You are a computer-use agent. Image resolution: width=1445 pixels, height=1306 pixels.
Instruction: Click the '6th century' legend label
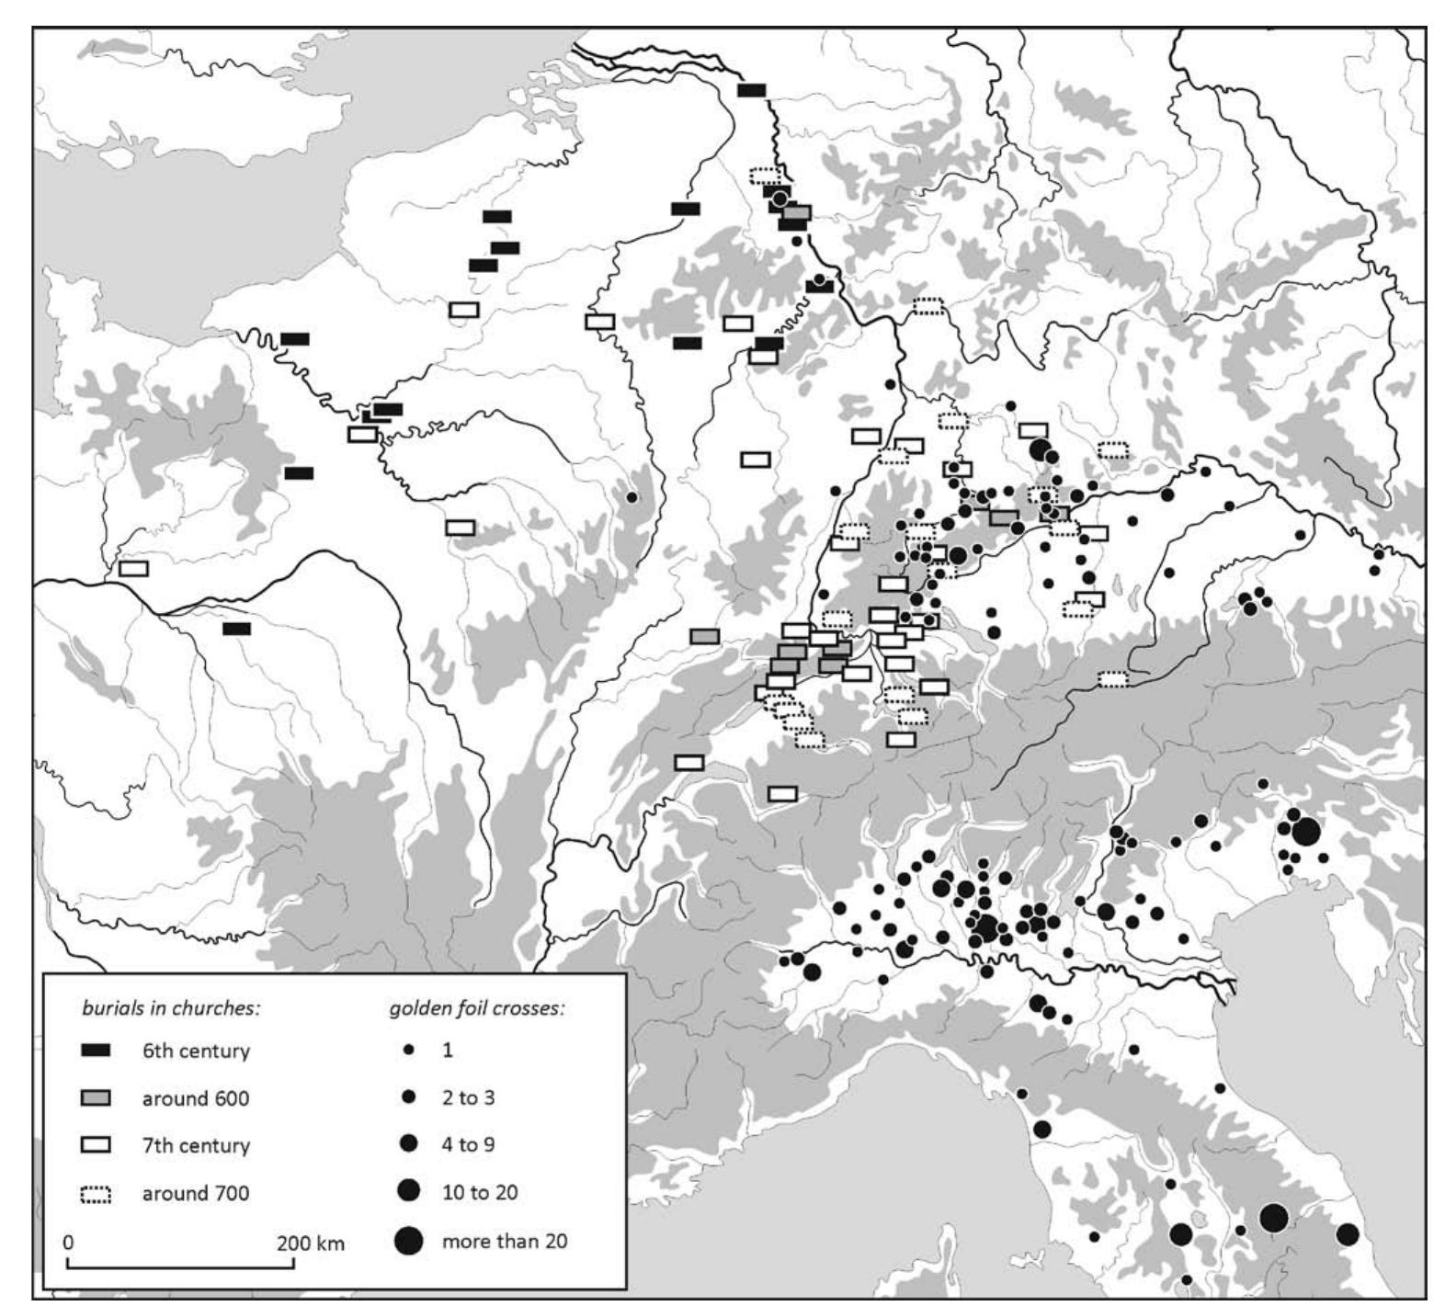click(x=195, y=1050)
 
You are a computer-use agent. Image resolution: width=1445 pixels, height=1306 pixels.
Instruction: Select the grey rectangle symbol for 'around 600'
click(x=97, y=1098)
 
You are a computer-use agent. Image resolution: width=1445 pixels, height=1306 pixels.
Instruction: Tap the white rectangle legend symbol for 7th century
click(x=97, y=1145)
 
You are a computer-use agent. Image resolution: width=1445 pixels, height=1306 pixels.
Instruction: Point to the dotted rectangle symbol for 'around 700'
click(x=97, y=1194)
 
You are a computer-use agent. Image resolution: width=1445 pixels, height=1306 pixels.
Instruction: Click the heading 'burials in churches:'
click(x=171, y=1007)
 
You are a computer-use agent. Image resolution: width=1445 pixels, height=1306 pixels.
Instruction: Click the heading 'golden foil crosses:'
click(x=476, y=1007)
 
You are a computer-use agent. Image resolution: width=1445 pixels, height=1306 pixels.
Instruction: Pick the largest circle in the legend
click(x=409, y=1242)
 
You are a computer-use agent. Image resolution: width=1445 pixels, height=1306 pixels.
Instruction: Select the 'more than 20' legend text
click(x=505, y=1242)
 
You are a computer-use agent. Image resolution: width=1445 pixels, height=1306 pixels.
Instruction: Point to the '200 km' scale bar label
click(x=311, y=1244)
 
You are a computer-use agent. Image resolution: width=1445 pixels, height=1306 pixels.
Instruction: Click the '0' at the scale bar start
click(x=69, y=1243)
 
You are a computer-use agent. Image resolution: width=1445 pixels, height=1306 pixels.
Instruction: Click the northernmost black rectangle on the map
click(x=752, y=90)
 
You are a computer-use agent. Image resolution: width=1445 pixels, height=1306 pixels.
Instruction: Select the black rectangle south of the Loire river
click(x=236, y=629)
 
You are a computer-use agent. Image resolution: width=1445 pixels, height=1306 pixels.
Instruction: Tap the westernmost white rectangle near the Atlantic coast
click(x=133, y=568)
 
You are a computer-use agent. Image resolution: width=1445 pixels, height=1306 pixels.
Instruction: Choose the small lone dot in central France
click(x=631, y=497)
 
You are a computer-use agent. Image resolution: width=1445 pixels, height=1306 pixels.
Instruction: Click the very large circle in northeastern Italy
click(x=1305, y=833)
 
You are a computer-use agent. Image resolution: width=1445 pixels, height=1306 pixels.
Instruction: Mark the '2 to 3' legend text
click(x=469, y=1097)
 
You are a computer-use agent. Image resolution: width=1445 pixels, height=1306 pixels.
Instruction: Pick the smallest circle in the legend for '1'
click(x=409, y=1050)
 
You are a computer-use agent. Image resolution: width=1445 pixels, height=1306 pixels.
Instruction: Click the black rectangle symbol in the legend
click(x=97, y=1050)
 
